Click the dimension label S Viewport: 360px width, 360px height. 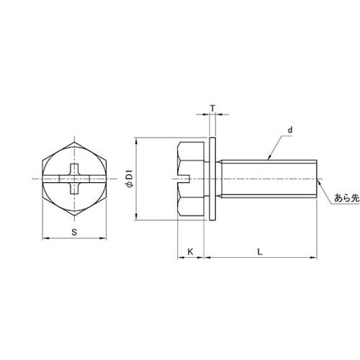point(74,232)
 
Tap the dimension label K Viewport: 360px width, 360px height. point(190,252)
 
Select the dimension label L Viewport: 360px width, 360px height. point(260,252)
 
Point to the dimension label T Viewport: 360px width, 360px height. point(212,109)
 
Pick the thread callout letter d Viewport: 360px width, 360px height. point(290,130)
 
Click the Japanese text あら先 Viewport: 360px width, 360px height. point(347,198)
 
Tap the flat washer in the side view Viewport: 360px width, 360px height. point(212,179)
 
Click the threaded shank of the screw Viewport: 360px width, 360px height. point(269,179)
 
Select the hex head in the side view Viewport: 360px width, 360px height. point(191,179)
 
